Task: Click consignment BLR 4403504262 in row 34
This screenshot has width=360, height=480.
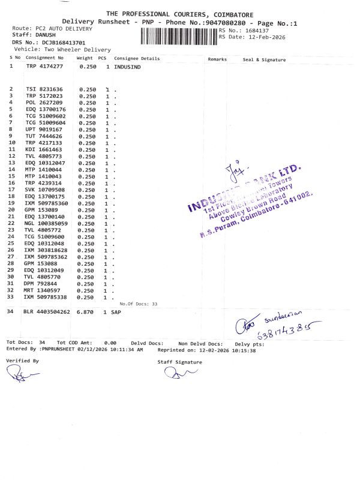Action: pos(47,313)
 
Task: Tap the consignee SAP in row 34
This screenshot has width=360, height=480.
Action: pos(116,313)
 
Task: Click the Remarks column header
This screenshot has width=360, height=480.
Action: pos(217,59)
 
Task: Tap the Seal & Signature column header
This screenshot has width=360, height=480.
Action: pos(264,59)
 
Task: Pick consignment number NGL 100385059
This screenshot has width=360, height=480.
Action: pos(47,223)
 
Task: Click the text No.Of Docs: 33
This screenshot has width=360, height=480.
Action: pos(138,304)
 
